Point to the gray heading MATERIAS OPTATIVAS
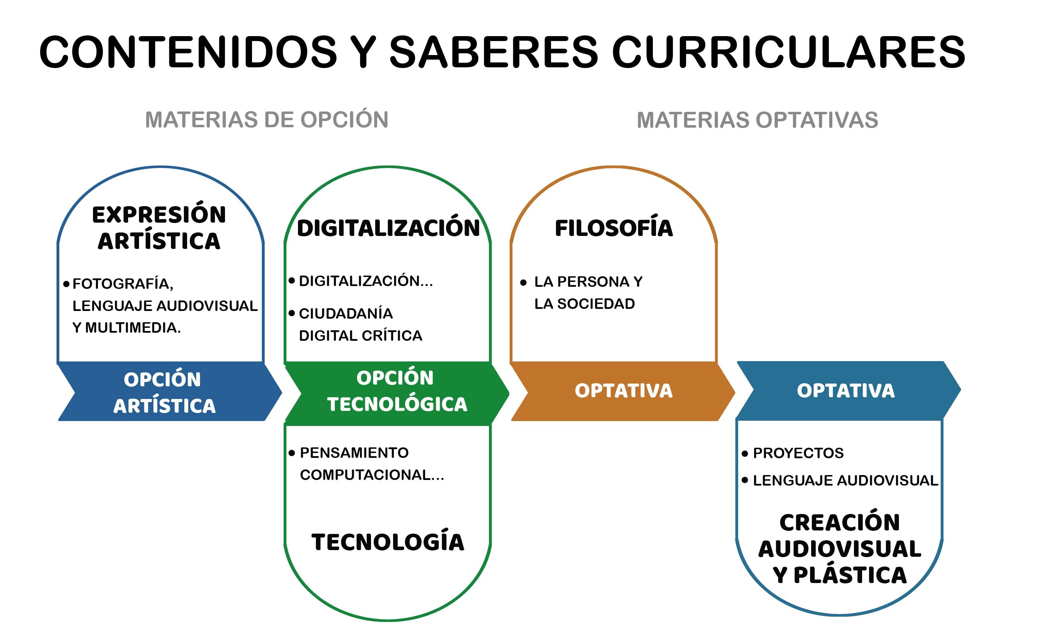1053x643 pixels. (757, 120)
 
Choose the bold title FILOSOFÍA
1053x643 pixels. (614, 228)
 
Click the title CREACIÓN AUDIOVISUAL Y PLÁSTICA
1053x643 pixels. (840, 549)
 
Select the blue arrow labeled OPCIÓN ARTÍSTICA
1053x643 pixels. (169, 392)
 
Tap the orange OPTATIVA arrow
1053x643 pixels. (623, 392)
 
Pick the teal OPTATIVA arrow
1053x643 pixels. (848, 391)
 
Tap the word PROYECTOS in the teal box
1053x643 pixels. (798, 453)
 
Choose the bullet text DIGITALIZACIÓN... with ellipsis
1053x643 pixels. (366, 281)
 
